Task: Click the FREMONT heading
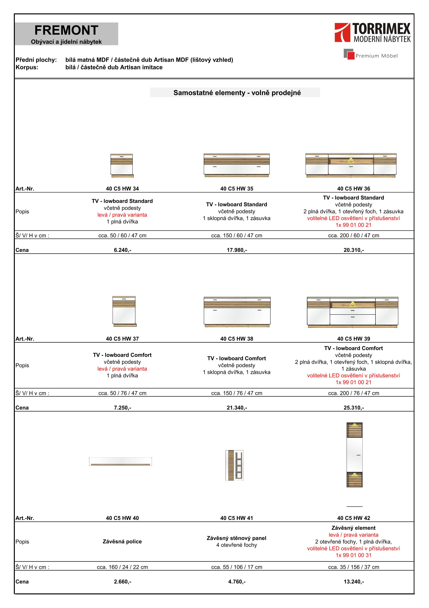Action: (66, 30)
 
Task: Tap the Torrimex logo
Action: (372, 33)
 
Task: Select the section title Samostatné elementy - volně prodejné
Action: (237, 93)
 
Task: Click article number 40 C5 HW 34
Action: (122, 188)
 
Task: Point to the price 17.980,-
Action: (237, 250)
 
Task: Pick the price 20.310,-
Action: (354, 250)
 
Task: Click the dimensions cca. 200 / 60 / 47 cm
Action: (354, 235)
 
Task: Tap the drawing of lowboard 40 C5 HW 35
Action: (237, 165)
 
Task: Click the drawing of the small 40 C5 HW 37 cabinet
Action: (124, 311)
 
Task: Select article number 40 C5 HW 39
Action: (354, 339)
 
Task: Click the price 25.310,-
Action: (354, 408)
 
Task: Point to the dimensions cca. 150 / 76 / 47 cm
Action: (237, 393)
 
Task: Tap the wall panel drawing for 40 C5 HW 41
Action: (234, 465)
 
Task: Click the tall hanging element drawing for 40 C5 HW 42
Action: (354, 455)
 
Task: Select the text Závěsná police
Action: (122, 542)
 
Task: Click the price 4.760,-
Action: (237, 582)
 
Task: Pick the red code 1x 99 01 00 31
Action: (354, 555)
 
